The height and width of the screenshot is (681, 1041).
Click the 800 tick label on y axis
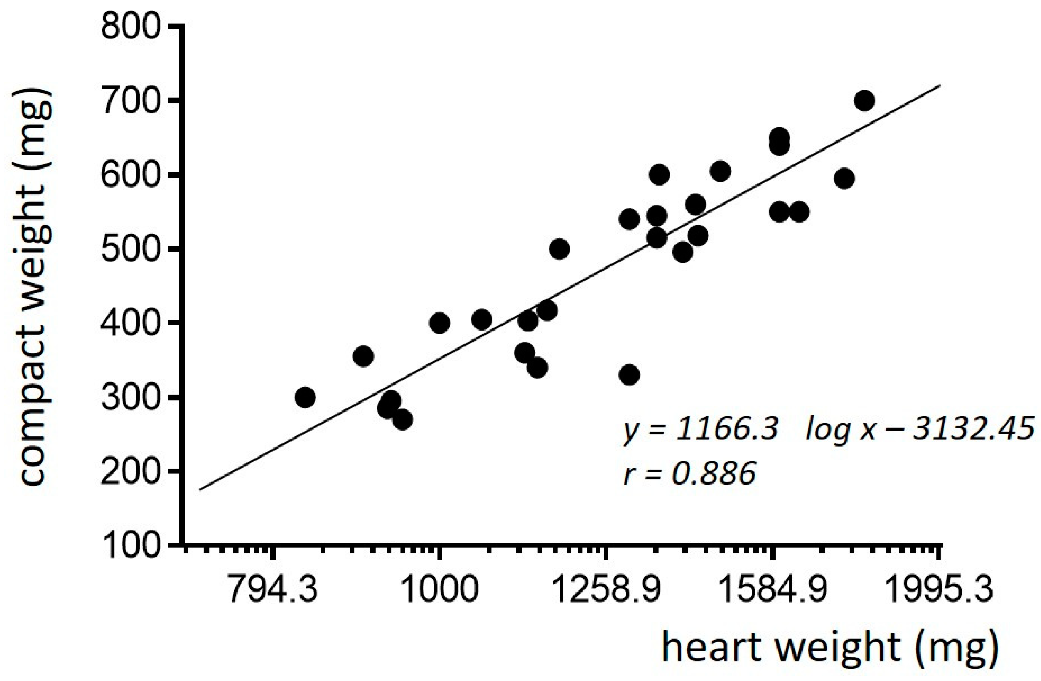click(x=130, y=27)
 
